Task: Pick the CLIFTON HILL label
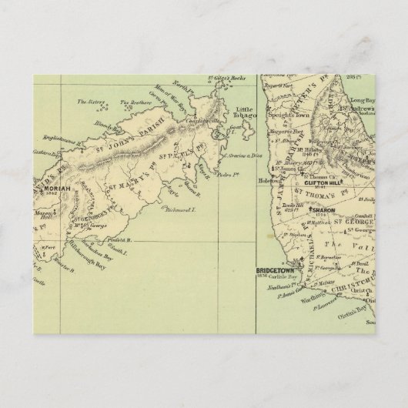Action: [322, 182]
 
